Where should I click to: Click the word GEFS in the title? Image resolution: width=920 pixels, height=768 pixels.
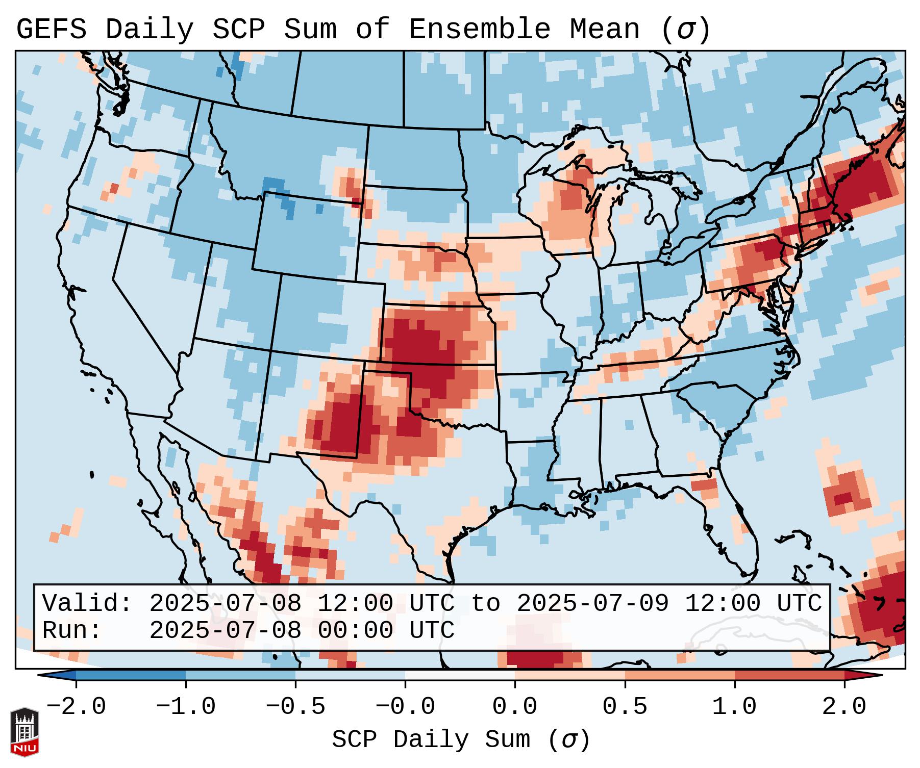pyautogui.click(x=51, y=30)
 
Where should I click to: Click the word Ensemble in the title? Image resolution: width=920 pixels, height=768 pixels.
pyautogui.click(x=479, y=30)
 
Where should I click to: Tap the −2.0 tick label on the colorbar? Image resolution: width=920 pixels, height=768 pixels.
pyautogui.click(x=76, y=707)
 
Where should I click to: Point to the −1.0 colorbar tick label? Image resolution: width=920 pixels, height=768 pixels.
pyautogui.click(x=186, y=707)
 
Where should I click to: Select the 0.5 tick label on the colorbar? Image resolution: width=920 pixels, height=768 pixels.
pyautogui.click(x=625, y=707)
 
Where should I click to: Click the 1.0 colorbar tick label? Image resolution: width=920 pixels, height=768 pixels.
pyautogui.click(x=734, y=707)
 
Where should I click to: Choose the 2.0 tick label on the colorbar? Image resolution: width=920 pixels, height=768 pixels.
pyautogui.click(x=844, y=707)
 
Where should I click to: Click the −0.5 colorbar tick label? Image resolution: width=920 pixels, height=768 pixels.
pyautogui.click(x=295, y=707)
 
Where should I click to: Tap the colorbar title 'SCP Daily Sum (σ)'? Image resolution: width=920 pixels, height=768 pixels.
pyautogui.click(x=460, y=740)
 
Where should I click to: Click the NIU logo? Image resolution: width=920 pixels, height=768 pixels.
pyautogui.click(x=24, y=732)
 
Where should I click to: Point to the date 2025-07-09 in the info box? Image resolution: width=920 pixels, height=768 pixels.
pyautogui.click(x=592, y=603)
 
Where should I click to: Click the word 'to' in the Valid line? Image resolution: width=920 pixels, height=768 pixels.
pyautogui.click(x=485, y=603)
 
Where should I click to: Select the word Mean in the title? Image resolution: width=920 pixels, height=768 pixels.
pyautogui.click(x=604, y=30)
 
